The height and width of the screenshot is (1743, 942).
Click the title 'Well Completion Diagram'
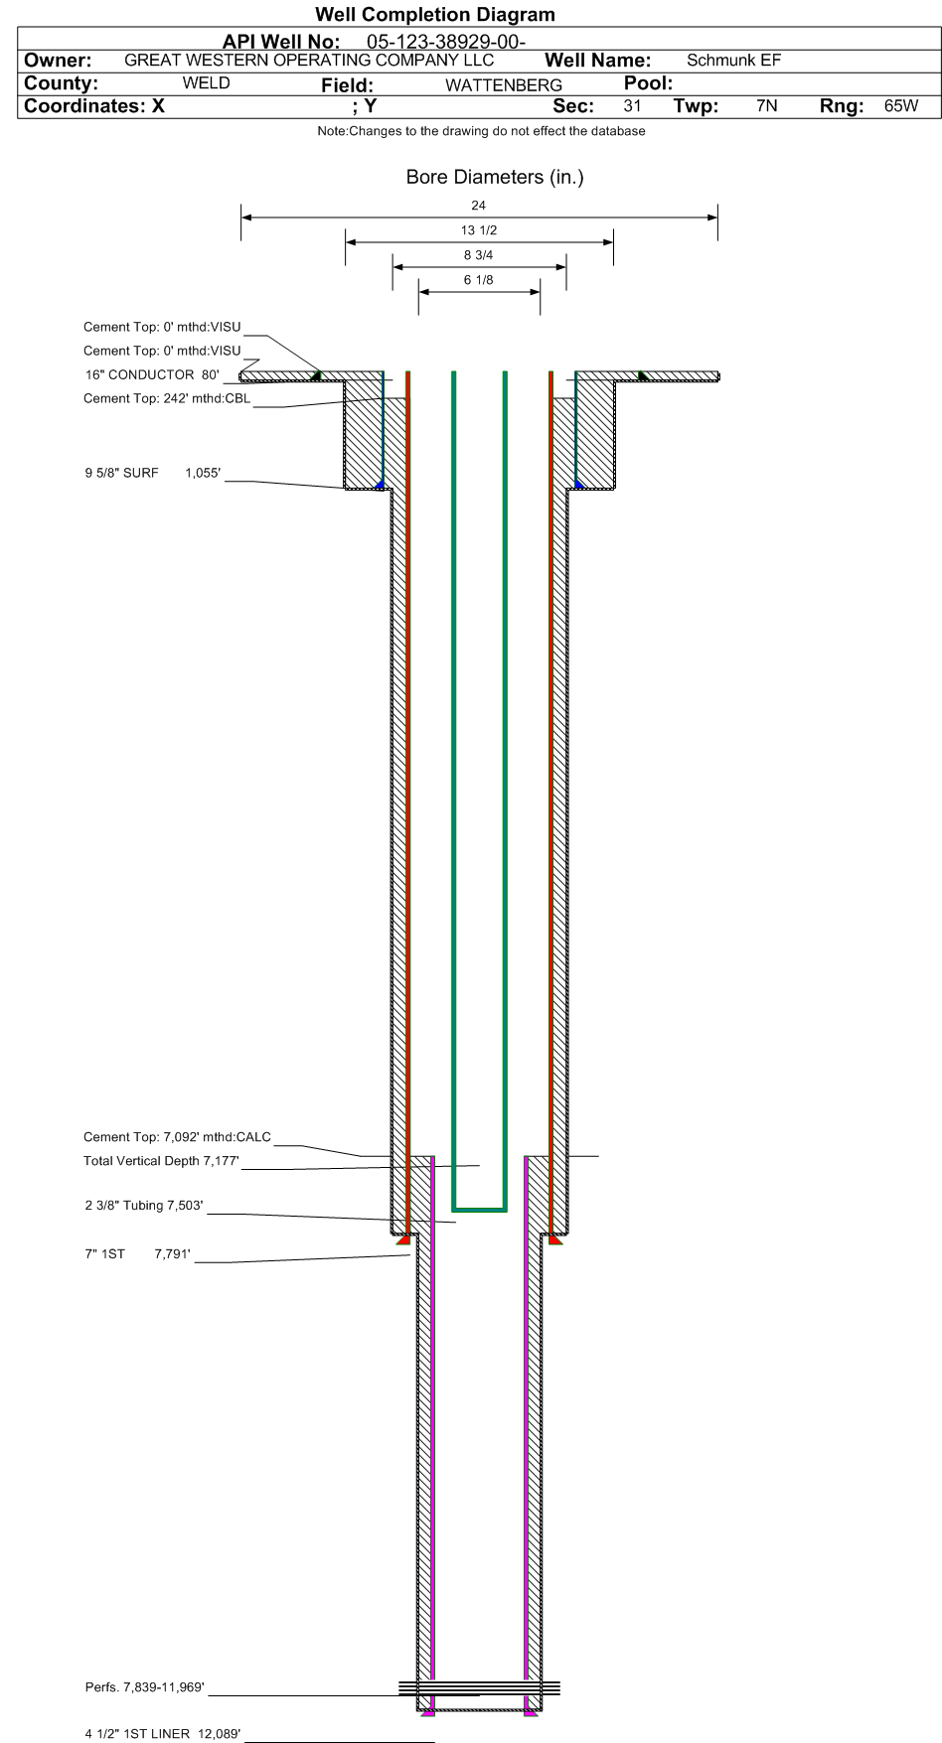[435, 15]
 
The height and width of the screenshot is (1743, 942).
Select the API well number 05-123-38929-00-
[446, 42]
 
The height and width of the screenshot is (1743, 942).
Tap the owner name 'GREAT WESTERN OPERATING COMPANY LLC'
[309, 61]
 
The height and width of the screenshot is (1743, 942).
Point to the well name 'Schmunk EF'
[733, 61]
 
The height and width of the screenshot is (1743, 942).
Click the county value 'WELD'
[206, 83]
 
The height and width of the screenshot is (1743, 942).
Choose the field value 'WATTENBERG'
[504, 85]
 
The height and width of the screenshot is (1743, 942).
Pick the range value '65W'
[901, 106]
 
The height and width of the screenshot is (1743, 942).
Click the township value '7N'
[766, 106]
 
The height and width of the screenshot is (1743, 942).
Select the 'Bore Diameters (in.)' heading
[495, 177]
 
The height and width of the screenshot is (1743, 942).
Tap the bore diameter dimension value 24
[479, 206]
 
